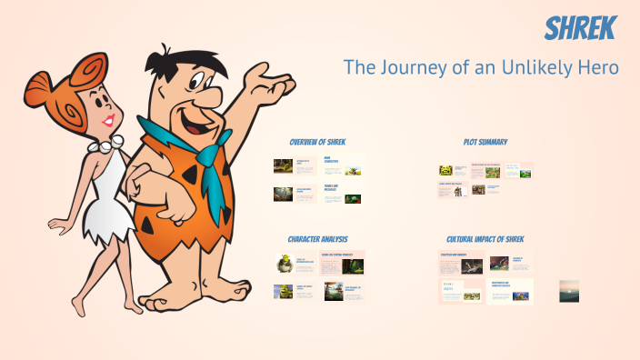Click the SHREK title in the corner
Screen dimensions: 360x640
pyautogui.click(x=580, y=29)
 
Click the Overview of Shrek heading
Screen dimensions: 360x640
pyautogui.click(x=317, y=143)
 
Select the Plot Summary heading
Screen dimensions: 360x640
pyautogui.click(x=485, y=142)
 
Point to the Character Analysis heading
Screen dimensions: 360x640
pyautogui.click(x=318, y=239)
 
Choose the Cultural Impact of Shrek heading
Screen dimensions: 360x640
pyautogui.click(x=485, y=239)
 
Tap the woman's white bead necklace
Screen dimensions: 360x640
pyautogui.click(x=105, y=145)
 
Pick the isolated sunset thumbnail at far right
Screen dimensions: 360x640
pyautogui.click(x=569, y=291)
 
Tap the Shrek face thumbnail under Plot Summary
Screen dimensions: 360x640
pyautogui.click(x=445, y=170)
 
